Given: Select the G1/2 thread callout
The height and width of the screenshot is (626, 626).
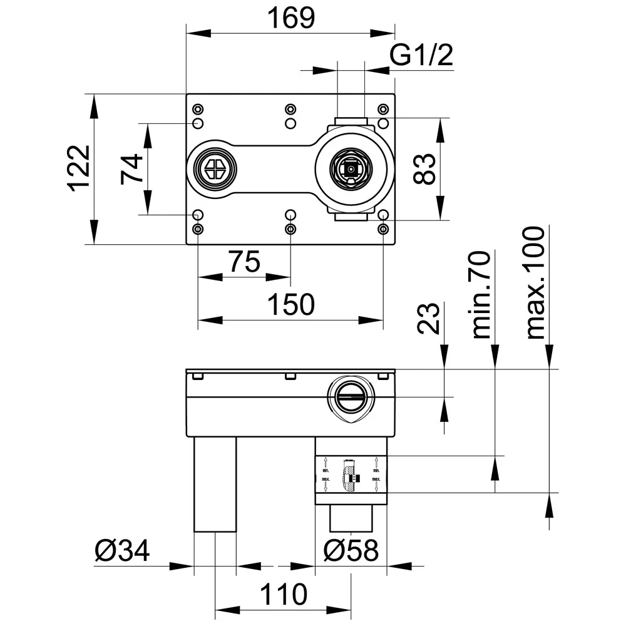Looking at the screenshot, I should tap(421, 57).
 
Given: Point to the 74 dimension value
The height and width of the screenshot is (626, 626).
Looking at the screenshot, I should tap(132, 169).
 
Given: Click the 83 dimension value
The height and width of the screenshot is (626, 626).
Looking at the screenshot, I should tap(425, 169).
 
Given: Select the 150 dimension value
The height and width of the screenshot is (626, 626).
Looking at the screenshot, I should tap(290, 306).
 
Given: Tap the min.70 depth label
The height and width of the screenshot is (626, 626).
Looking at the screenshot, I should tap(481, 294).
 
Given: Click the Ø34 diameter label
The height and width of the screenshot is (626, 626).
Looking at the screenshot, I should tap(122, 552).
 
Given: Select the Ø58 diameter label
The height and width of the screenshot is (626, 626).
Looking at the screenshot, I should tap(351, 552).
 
